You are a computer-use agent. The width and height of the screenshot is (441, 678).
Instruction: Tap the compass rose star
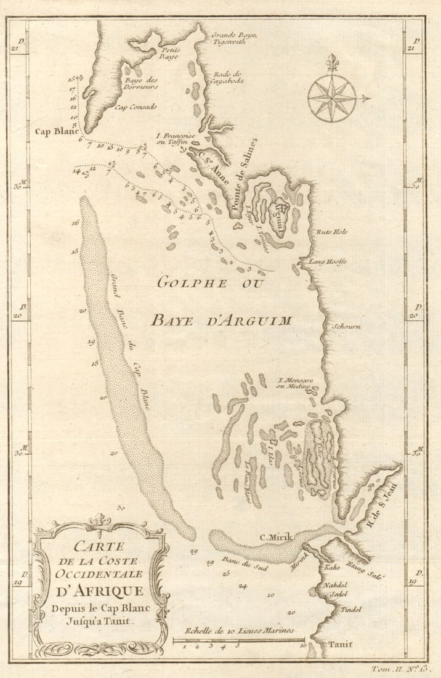pyautogui.click(x=332, y=97)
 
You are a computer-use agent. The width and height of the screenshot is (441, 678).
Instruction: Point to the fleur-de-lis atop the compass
pyautogui.click(x=333, y=62)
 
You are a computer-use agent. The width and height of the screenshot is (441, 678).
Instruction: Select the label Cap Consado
pyautogui.click(x=136, y=107)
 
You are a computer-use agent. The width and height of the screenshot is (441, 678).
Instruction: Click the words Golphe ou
pyautogui.click(x=210, y=283)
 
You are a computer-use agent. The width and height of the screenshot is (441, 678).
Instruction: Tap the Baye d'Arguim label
pyautogui.click(x=221, y=320)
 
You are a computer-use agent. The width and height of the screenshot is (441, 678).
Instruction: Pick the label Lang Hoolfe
pyautogui.click(x=328, y=262)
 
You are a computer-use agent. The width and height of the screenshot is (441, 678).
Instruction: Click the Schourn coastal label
pyautogui.click(x=346, y=326)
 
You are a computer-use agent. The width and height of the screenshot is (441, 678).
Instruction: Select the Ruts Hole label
pyautogui.click(x=332, y=232)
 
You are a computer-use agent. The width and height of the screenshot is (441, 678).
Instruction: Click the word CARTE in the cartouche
pyautogui.click(x=99, y=546)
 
